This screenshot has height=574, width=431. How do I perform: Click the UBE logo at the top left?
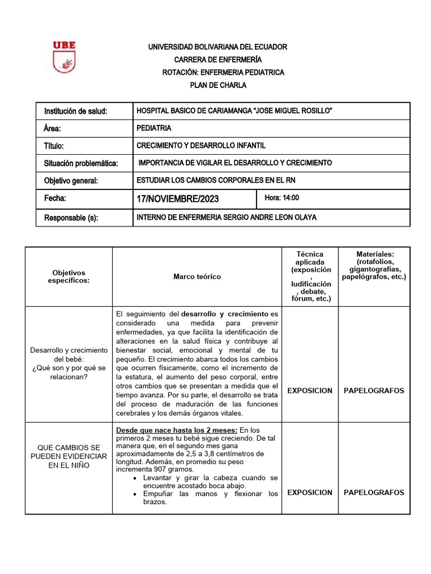[64, 57]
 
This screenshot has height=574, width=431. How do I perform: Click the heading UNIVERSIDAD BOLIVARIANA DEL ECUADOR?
[217, 47]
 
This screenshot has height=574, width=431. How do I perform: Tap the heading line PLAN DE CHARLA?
[217, 85]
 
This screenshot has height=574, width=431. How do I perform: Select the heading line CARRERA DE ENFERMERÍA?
[217, 59]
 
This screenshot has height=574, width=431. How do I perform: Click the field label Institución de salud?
[75, 112]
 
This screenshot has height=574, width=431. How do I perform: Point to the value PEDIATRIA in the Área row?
[154, 128]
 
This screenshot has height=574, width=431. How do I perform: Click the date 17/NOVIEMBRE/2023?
[178, 199]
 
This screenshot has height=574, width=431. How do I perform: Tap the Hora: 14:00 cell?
[282, 198]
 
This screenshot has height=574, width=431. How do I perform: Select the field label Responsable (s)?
[71, 218]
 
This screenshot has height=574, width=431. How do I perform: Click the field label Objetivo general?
[71, 180]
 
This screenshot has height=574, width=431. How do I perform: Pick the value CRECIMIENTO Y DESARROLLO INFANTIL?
[201, 146]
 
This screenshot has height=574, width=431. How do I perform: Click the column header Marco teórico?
[197, 276]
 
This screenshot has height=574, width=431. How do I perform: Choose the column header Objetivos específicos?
[68, 276]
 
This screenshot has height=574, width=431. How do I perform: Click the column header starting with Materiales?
[374, 265]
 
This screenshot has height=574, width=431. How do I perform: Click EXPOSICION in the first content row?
[309, 391]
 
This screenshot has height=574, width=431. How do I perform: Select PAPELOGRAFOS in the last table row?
[374, 493]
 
